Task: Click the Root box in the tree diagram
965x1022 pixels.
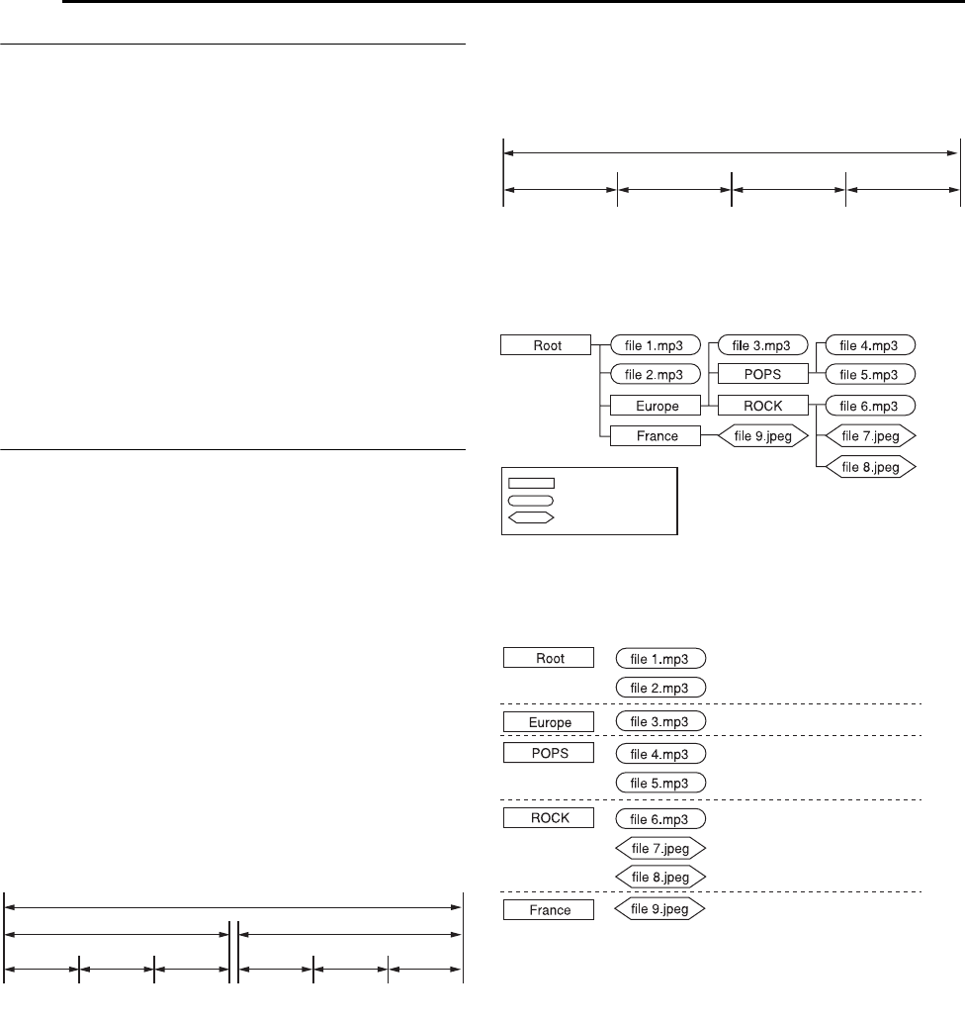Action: pos(546,344)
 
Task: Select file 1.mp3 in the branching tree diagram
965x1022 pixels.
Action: pos(656,344)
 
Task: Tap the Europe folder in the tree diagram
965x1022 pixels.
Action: pos(655,405)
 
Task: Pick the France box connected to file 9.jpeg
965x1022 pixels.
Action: pos(655,435)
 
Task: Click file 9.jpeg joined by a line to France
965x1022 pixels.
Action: pos(762,435)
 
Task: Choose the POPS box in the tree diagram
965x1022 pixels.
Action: pos(762,375)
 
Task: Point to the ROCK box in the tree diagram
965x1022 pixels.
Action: pos(762,405)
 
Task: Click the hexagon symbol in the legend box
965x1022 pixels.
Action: pos(531,516)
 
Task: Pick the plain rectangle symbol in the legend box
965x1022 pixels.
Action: pos(531,484)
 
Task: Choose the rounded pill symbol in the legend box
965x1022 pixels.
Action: pos(531,501)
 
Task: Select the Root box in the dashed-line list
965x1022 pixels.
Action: pos(550,657)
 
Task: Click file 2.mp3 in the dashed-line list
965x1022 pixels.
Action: pos(660,687)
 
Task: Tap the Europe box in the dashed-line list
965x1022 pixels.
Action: pos(550,720)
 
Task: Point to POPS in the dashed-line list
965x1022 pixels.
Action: pos(550,753)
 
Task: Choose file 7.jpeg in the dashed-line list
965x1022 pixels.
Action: pos(660,848)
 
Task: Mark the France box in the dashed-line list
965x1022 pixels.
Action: pos(550,909)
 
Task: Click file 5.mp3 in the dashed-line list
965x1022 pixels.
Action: pos(660,783)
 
